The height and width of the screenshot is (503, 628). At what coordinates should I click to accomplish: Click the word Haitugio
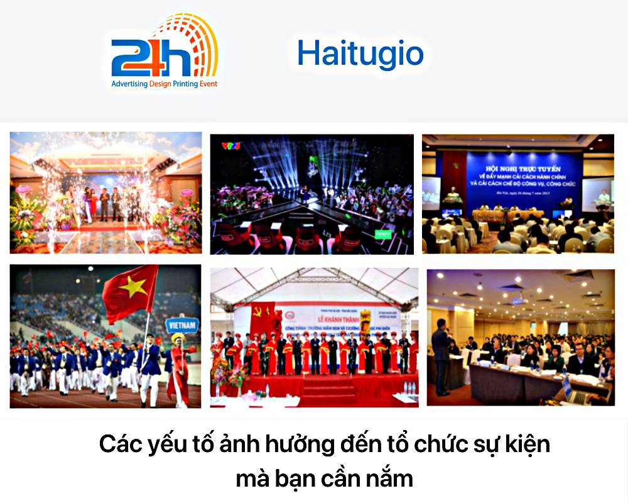[360, 53]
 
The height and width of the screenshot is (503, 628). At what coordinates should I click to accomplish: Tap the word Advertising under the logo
[129, 84]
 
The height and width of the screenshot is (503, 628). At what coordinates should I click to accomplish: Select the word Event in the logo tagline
[206, 84]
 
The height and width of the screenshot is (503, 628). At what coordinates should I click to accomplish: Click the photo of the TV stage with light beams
[311, 193]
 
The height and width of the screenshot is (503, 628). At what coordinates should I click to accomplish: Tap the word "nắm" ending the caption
[392, 478]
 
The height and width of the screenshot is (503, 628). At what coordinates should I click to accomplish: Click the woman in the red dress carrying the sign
[177, 371]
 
